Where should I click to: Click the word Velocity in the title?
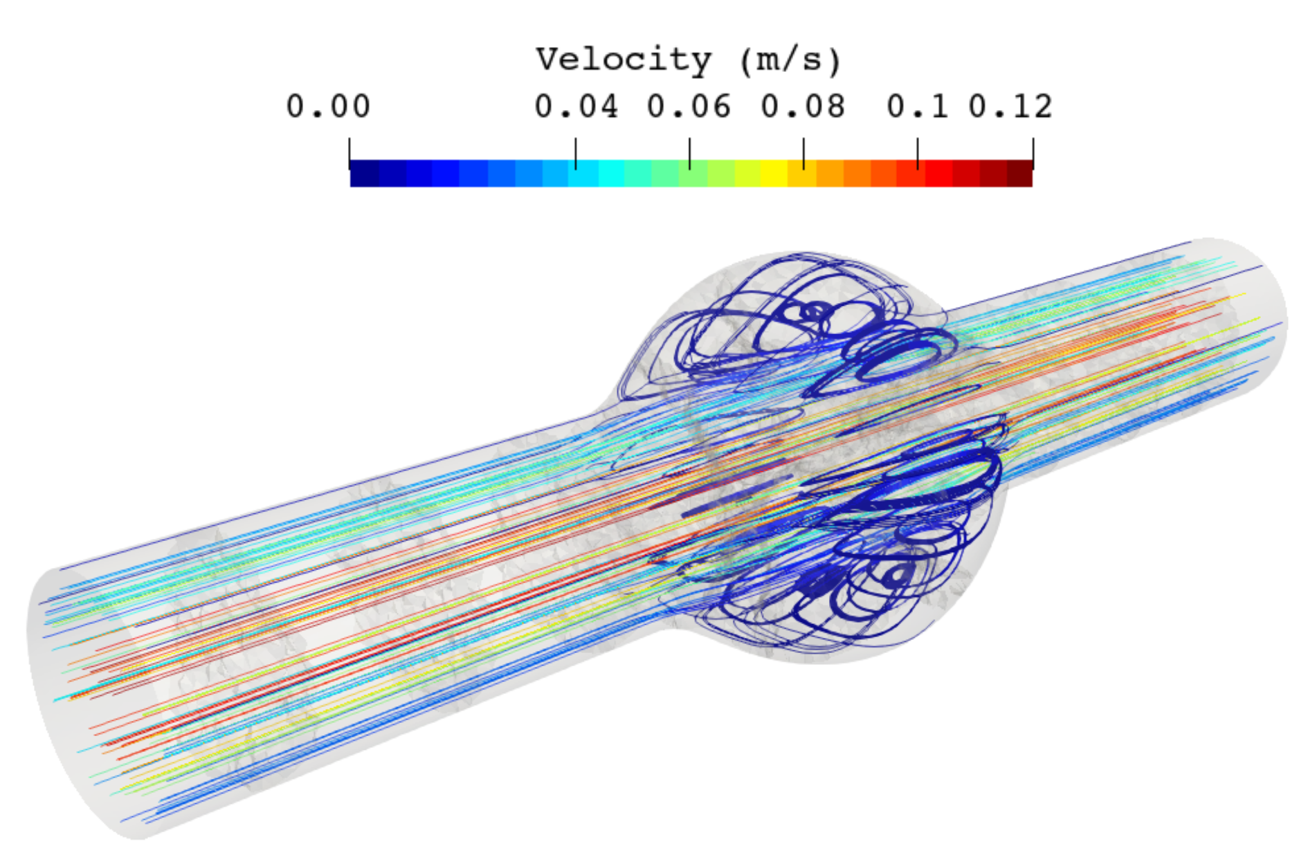tap(624, 61)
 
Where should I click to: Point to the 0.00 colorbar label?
tap(328, 107)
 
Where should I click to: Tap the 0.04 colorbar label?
tap(576, 107)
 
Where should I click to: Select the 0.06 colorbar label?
tap(689, 107)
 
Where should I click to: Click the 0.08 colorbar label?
tap(803, 107)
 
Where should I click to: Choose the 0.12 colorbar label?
tap(1010, 107)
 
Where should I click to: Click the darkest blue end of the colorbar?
tap(364, 174)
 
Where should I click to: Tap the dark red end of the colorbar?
tap(1019, 174)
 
